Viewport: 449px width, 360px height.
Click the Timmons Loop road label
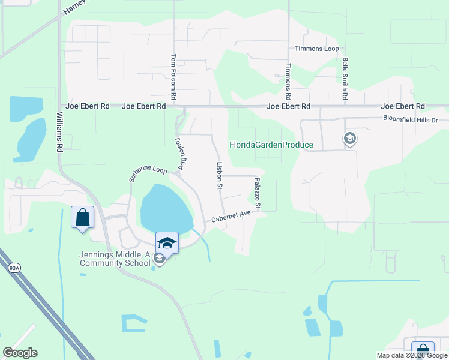click(316, 49)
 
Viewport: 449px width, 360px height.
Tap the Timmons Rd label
click(288, 82)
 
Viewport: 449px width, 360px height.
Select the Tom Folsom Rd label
click(173, 77)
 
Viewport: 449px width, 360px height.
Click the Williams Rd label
click(59, 130)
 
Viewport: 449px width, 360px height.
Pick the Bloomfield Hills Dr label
click(415, 119)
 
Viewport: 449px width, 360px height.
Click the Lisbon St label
click(220, 175)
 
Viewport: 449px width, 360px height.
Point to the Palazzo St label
click(257, 193)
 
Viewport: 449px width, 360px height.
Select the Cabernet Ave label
click(230, 216)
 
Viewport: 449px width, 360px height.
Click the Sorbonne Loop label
click(148, 174)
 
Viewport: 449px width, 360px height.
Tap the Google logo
click(20, 353)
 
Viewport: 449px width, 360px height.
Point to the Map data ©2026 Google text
click(411, 355)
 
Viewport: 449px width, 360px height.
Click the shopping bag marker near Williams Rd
click(83, 217)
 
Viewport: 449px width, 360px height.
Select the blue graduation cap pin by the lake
click(167, 243)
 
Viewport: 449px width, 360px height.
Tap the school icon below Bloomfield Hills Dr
click(349, 139)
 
